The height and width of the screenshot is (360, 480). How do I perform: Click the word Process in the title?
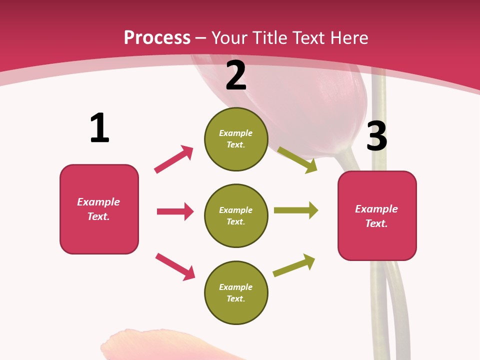[x=157, y=38]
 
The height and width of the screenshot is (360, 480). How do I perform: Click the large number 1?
[x=99, y=128]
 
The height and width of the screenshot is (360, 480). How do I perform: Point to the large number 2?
[x=236, y=75]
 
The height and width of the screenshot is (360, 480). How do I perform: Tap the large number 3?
[x=376, y=136]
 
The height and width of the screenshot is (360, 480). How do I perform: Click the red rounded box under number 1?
[x=99, y=209]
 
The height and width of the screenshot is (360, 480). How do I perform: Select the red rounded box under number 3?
[x=377, y=216]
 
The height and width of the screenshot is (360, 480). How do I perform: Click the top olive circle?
[x=236, y=139]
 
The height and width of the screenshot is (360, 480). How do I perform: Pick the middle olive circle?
[x=236, y=216]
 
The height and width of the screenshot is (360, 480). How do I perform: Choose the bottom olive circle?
[x=236, y=293]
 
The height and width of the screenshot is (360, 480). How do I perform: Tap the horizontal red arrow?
[x=175, y=211]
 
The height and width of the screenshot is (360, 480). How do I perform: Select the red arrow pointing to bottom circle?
[x=175, y=266]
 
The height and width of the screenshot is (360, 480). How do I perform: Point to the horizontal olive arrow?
[x=296, y=210]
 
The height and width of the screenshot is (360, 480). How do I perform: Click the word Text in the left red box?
[x=98, y=216]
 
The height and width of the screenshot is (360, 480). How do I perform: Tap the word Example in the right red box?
[x=376, y=209]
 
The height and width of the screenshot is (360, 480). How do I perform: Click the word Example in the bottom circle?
[x=235, y=287]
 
